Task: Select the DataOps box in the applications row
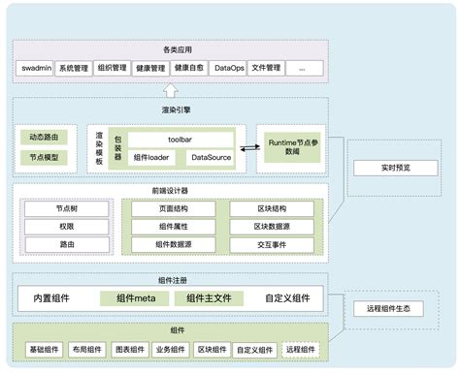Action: (229, 68)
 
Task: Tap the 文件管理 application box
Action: (266, 68)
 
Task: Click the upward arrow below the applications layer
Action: (172, 90)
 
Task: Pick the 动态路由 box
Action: (44, 138)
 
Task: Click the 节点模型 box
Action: (44, 156)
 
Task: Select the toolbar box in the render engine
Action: (179, 139)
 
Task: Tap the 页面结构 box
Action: (175, 207)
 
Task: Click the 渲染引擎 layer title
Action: (172, 110)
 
